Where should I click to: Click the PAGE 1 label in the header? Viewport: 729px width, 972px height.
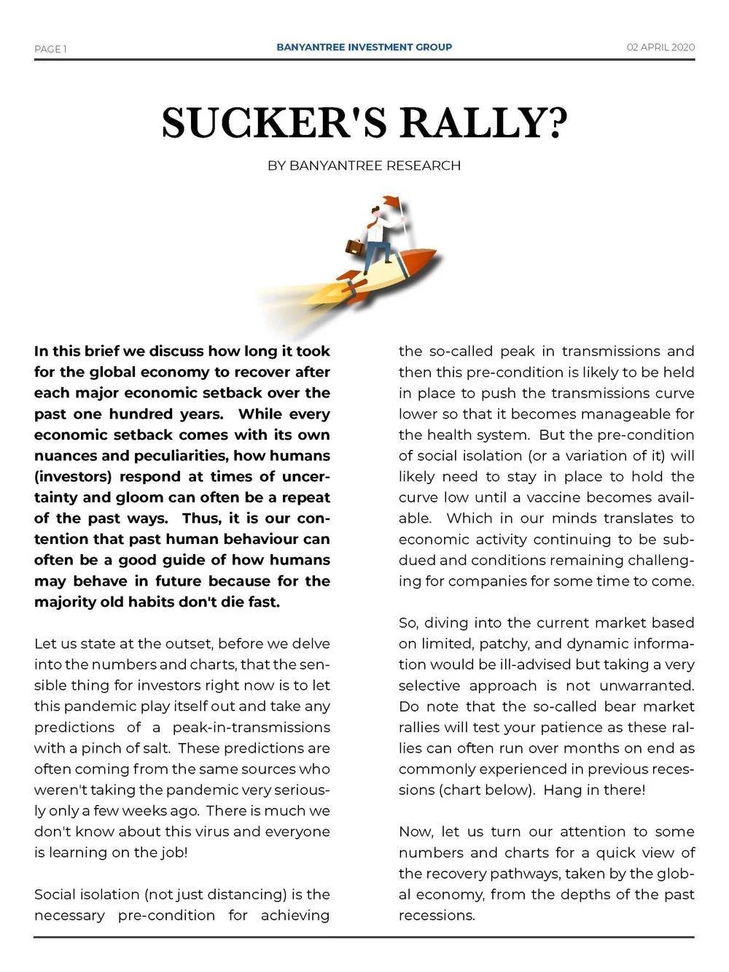click(x=50, y=49)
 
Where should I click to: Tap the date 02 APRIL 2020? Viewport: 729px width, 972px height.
click(x=660, y=47)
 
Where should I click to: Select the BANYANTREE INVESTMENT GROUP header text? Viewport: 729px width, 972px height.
click(x=364, y=47)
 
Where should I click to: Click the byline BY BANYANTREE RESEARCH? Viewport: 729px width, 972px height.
click(x=364, y=166)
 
